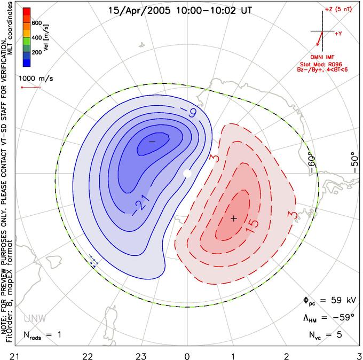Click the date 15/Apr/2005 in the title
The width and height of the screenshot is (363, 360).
139,11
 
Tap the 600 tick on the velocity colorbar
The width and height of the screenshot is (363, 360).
37,23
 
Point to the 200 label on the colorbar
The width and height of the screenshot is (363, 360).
37,52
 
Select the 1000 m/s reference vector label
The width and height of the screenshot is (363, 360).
36,79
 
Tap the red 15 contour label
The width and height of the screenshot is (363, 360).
251,225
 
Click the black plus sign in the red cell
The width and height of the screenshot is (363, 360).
234,218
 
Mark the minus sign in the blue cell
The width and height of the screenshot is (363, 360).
152,142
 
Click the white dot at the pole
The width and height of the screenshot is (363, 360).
187,173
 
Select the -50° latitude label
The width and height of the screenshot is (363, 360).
354,162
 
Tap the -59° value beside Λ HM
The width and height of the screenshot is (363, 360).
344,317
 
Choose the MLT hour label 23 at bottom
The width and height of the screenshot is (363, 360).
141,356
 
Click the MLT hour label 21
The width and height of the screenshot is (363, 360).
15,356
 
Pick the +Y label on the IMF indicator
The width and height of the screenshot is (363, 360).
338,34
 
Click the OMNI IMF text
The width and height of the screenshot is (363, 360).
322,57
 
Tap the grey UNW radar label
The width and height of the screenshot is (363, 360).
35,319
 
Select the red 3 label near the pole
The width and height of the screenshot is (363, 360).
215,158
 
